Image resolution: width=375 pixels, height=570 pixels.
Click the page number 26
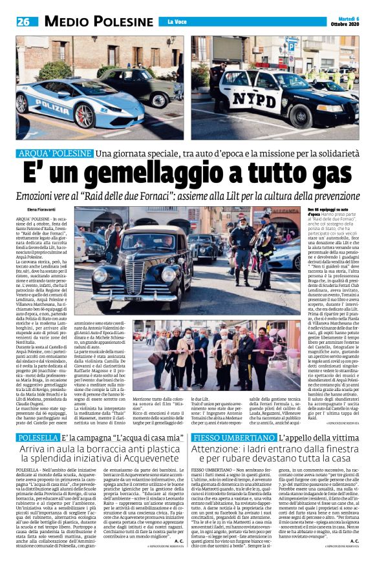[25, 21]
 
